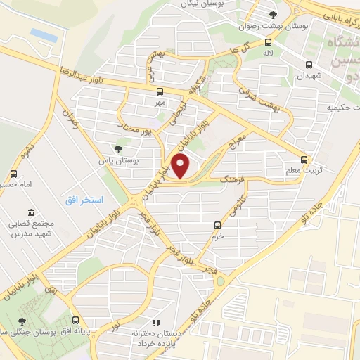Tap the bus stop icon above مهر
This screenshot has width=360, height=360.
coord(160,91)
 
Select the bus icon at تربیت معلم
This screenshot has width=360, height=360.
coord(304,159)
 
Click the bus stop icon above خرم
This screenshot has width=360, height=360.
coord(217,226)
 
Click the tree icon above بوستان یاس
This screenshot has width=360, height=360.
coord(117,149)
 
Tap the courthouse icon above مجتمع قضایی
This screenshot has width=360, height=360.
coord(30,212)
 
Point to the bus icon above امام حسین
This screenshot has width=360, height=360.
coord(13,174)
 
